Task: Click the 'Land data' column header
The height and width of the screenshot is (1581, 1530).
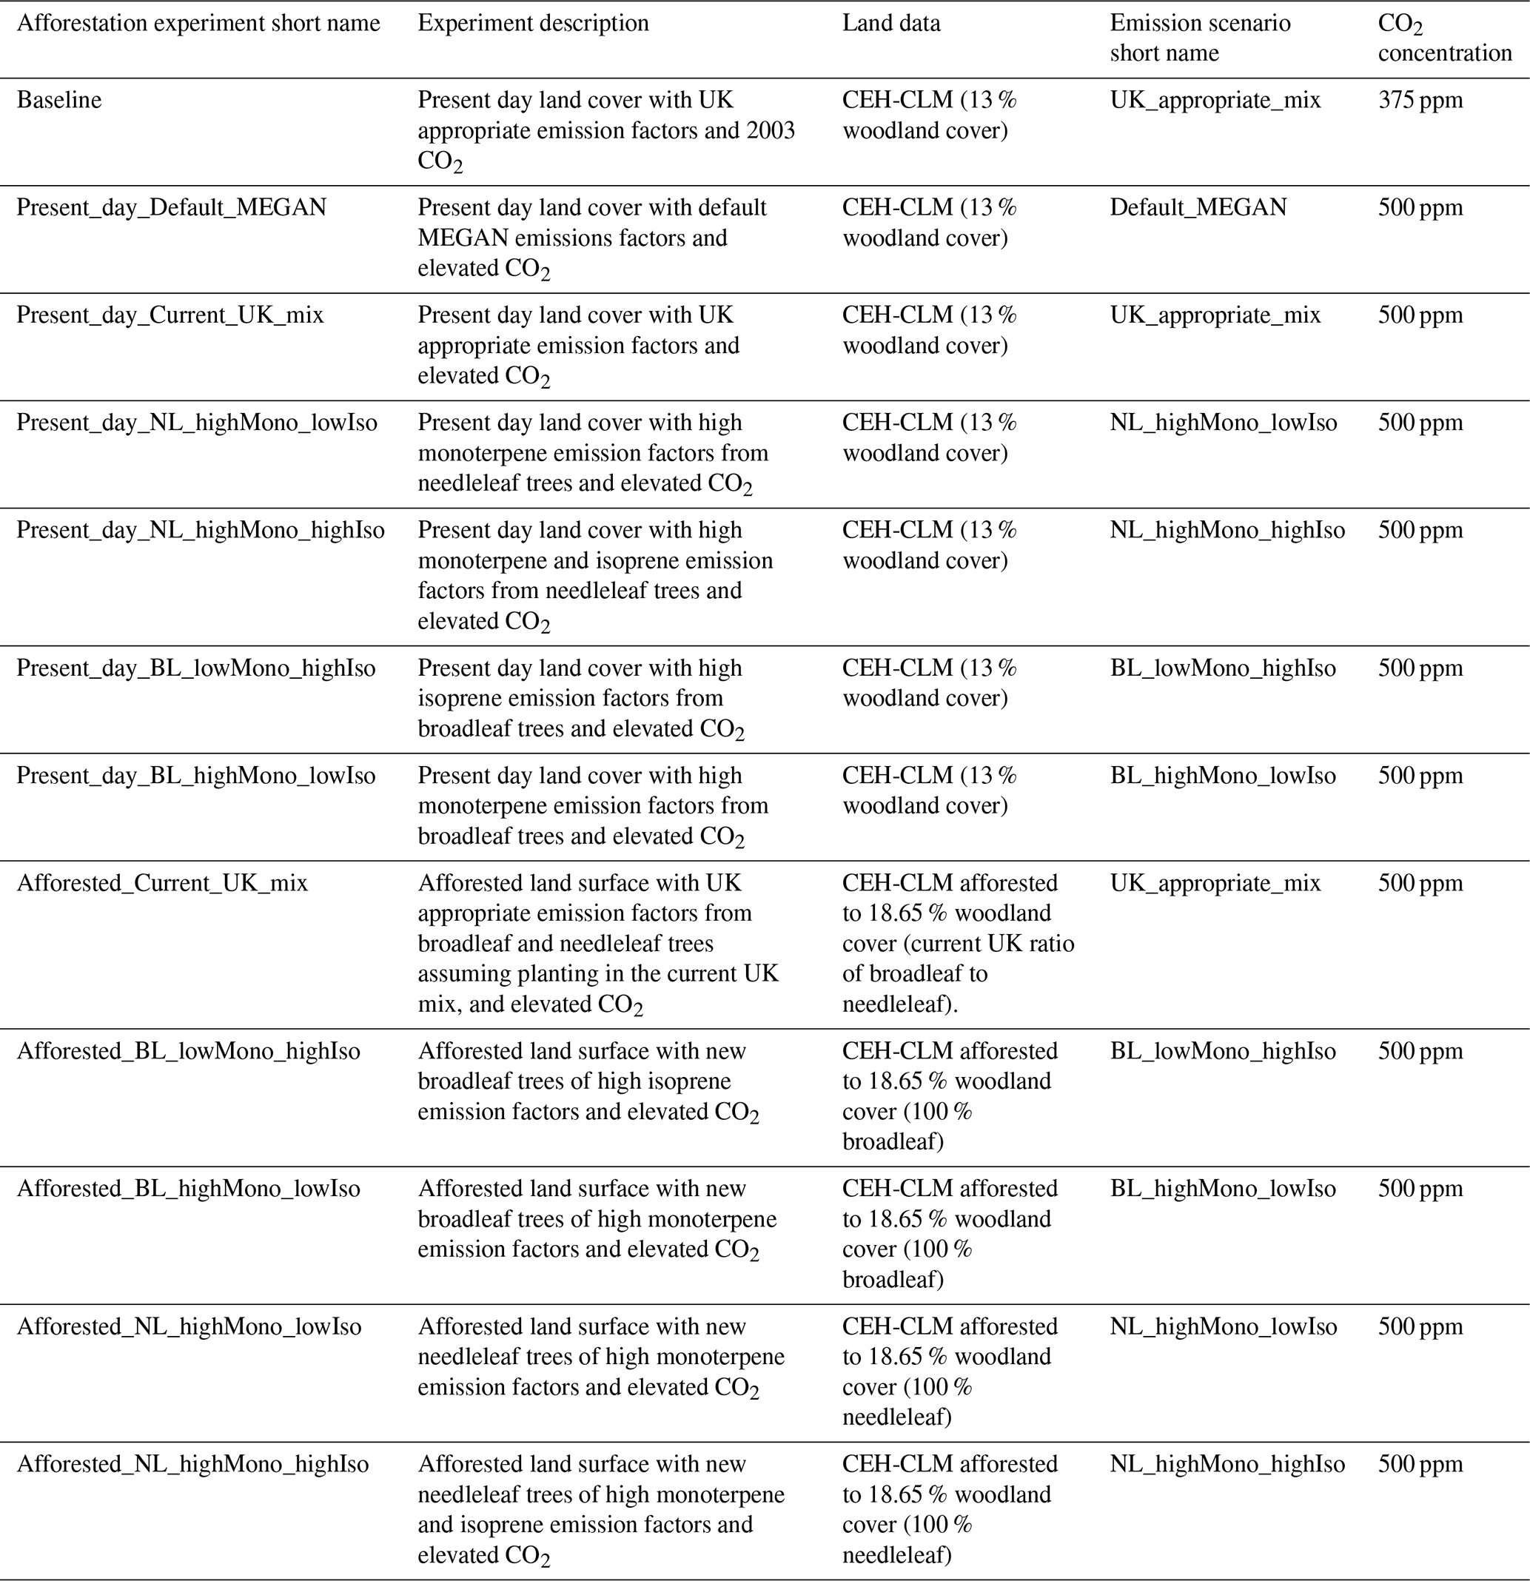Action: [x=891, y=24]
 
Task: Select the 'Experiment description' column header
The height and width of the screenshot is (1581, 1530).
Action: [x=533, y=24]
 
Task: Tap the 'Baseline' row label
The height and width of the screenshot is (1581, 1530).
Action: [x=59, y=100]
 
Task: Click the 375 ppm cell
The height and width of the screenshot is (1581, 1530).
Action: [x=1420, y=100]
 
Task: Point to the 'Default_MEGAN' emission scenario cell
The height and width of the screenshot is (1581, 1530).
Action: [x=1198, y=207]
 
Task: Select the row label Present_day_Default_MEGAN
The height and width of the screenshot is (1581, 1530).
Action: [x=172, y=207]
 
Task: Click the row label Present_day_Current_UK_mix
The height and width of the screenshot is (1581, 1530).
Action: [x=170, y=315]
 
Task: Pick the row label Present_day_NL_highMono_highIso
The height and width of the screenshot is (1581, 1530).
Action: [x=201, y=530]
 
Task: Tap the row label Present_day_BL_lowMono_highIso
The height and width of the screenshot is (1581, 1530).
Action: [x=196, y=668]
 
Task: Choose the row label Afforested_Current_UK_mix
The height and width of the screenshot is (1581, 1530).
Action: [x=162, y=883]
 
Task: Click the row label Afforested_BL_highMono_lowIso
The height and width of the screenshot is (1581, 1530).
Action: [x=189, y=1188]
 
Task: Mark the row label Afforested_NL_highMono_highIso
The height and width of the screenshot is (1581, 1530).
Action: [x=192, y=1464]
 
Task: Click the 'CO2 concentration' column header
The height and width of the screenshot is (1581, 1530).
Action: [x=1443, y=38]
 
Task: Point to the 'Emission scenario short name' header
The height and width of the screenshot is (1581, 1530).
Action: [x=1199, y=38]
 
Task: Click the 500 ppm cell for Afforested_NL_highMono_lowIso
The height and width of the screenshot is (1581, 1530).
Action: [x=1420, y=1326]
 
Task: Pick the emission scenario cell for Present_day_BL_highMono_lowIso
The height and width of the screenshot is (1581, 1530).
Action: [x=1223, y=775]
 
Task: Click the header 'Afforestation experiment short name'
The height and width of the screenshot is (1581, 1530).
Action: [x=198, y=24]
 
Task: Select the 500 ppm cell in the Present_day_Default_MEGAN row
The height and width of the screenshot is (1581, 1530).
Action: [x=1420, y=207]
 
